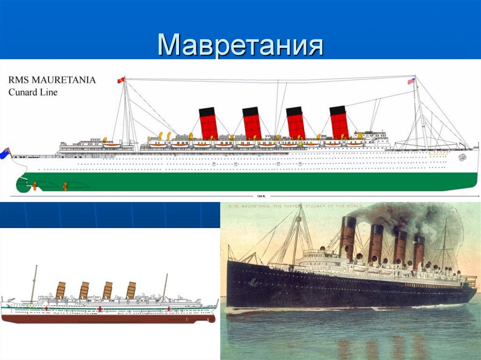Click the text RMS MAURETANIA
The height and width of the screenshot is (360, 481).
[x=52, y=80]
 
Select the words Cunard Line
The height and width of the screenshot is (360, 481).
[x=33, y=92]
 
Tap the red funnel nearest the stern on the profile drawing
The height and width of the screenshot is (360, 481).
[x=208, y=123]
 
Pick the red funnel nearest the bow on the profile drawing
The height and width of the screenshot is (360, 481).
[x=339, y=123]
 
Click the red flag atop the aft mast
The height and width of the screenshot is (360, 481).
[x=121, y=80]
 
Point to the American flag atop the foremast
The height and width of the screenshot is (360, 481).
[x=411, y=81]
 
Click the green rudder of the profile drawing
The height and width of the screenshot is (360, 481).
[x=22, y=185]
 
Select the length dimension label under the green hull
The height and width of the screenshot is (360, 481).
[x=257, y=197]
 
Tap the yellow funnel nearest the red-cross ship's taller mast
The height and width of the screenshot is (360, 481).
[x=60, y=290]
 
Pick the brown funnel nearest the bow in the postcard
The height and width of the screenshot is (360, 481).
[x=348, y=237]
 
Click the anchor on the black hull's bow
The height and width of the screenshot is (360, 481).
[x=253, y=282]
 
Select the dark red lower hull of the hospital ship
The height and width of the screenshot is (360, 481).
[x=108, y=319]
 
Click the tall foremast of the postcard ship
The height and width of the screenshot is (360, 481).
[x=297, y=235]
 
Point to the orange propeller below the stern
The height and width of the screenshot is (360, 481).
[x=64, y=186]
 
